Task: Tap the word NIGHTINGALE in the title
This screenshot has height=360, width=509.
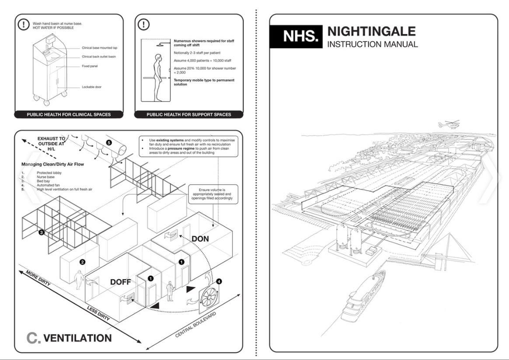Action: (x=371, y=31)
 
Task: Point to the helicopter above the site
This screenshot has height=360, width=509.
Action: (x=449, y=124)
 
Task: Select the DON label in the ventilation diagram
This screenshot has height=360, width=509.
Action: (x=200, y=239)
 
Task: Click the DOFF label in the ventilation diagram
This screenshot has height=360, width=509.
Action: (x=120, y=282)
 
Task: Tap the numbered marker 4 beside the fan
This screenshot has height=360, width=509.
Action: (x=219, y=282)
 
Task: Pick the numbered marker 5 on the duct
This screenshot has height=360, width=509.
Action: (x=109, y=143)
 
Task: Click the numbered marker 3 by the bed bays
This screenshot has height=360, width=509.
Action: (x=41, y=232)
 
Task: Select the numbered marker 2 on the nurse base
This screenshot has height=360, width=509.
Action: (x=82, y=262)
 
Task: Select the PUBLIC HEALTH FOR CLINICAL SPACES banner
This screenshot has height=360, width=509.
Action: (x=69, y=115)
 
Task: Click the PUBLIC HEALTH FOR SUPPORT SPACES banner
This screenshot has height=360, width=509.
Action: (x=188, y=115)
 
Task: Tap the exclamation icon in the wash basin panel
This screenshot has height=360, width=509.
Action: (x=23, y=24)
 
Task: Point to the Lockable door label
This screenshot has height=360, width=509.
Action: (x=91, y=87)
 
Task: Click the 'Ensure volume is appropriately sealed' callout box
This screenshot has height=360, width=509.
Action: (x=212, y=194)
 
